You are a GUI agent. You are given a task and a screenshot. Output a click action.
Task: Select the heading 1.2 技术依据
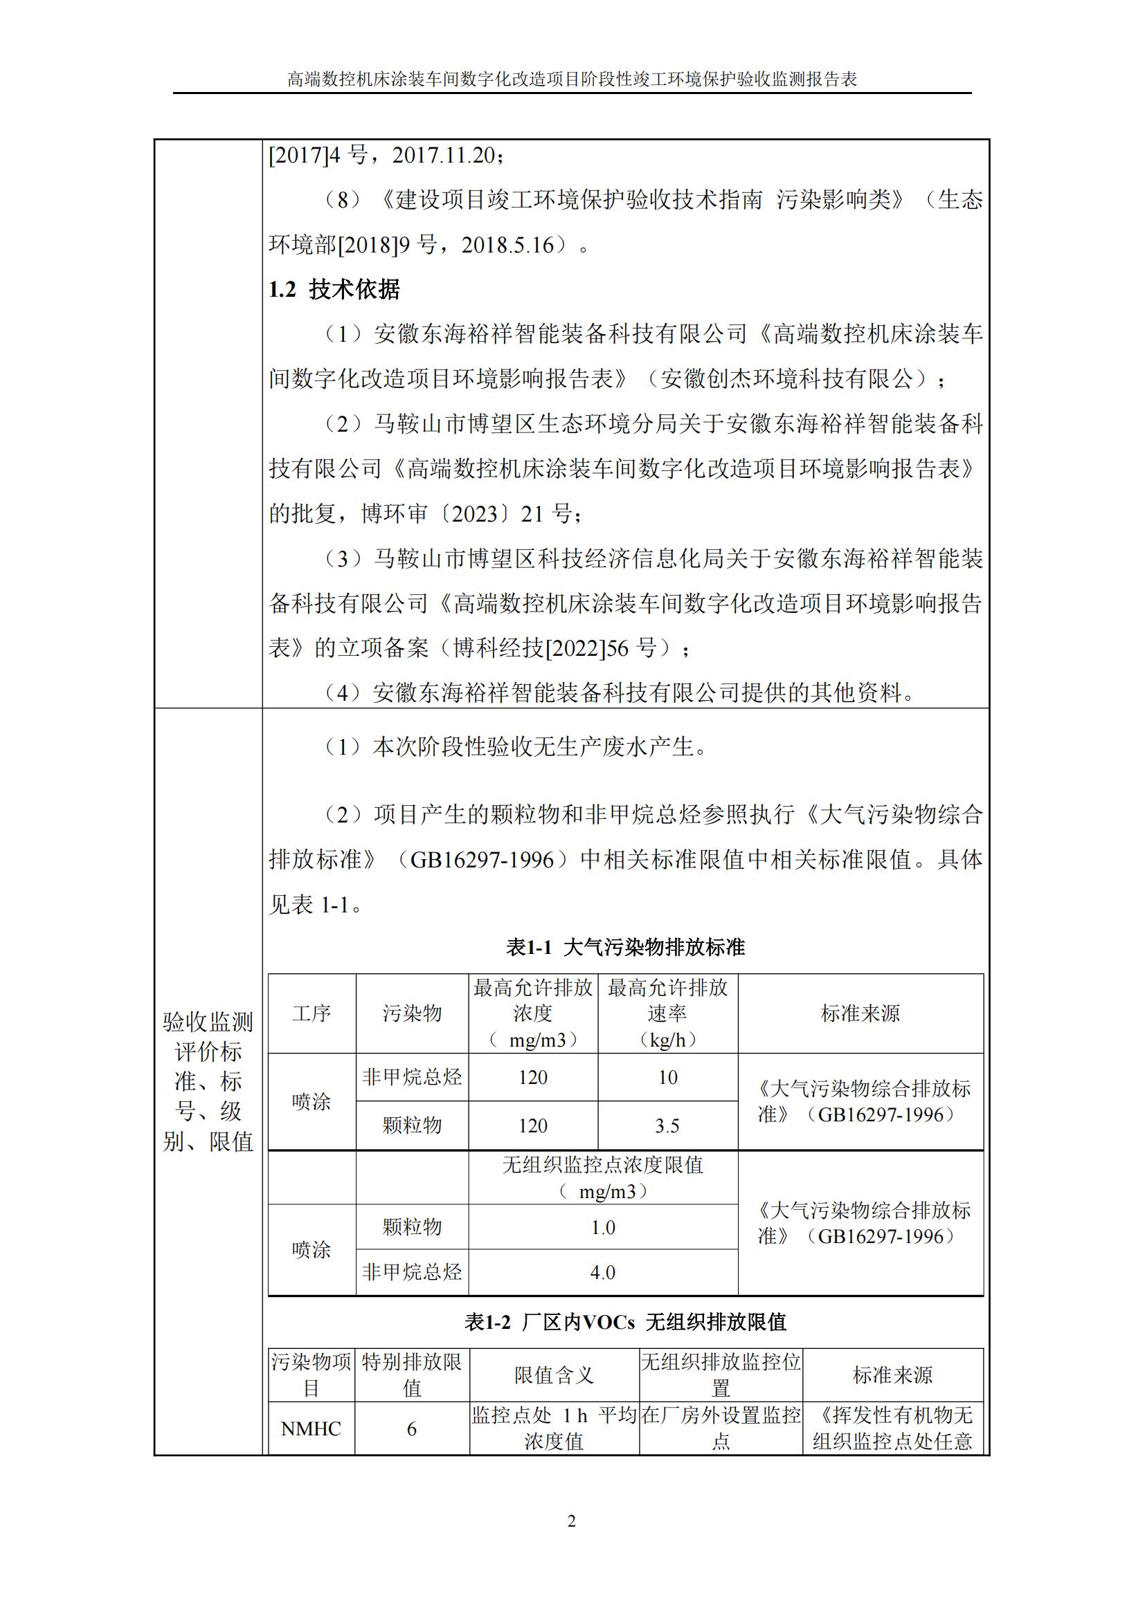point(334,290)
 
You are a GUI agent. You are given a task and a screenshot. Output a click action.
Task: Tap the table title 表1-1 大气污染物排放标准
point(625,948)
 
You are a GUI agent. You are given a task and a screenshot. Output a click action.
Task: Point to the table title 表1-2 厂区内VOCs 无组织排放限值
point(625,1322)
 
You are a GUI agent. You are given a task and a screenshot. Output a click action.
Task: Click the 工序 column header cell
point(312,1013)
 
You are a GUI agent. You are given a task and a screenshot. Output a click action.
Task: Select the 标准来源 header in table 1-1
point(860,1013)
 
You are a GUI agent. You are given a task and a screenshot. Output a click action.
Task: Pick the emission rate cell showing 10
point(667,1078)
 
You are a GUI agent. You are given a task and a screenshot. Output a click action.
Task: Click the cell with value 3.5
point(667,1126)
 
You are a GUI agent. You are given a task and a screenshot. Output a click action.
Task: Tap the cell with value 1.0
point(603,1228)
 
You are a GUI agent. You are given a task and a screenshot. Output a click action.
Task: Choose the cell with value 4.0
point(603,1273)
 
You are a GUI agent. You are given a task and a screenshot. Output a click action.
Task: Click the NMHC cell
point(311,1428)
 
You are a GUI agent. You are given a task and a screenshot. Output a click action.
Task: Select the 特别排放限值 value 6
point(412,1428)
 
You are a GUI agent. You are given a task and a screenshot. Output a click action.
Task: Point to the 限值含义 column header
point(555,1375)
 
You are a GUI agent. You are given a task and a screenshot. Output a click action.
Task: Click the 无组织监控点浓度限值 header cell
point(603,1178)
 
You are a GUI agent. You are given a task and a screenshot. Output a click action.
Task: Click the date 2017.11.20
point(444,155)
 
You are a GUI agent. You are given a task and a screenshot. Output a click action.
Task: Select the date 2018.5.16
point(507,246)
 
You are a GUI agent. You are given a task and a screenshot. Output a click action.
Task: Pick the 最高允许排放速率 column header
point(667,1013)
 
